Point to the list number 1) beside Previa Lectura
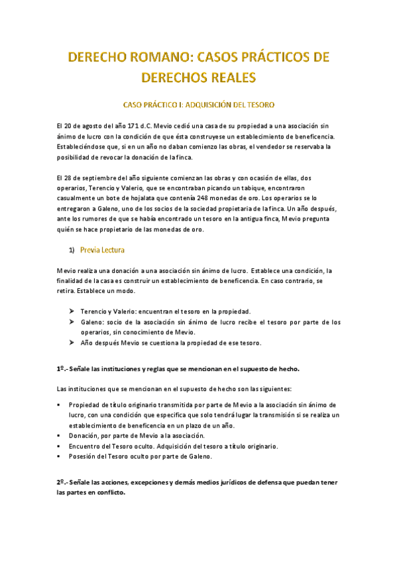[x=71, y=251]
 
